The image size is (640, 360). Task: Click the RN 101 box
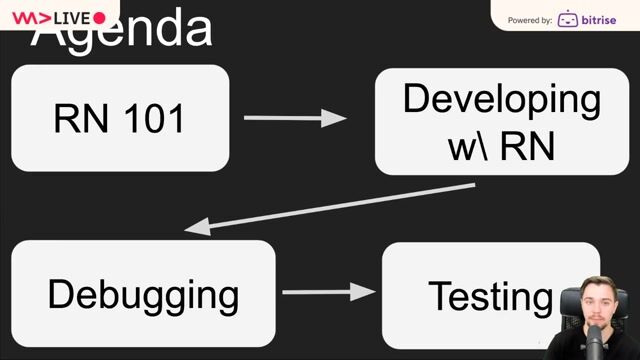(x=120, y=118)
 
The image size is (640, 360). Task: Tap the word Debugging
(x=143, y=295)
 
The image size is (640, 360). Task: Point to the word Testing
(x=490, y=296)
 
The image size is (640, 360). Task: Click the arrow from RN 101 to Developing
(x=294, y=119)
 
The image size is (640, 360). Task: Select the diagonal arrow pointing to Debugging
(x=330, y=207)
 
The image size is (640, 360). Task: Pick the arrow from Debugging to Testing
(x=328, y=293)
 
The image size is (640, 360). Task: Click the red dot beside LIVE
(x=99, y=18)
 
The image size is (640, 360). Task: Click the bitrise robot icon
(x=567, y=19)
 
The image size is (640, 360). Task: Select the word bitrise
(x=604, y=19)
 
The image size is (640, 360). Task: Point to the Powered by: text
(x=530, y=20)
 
